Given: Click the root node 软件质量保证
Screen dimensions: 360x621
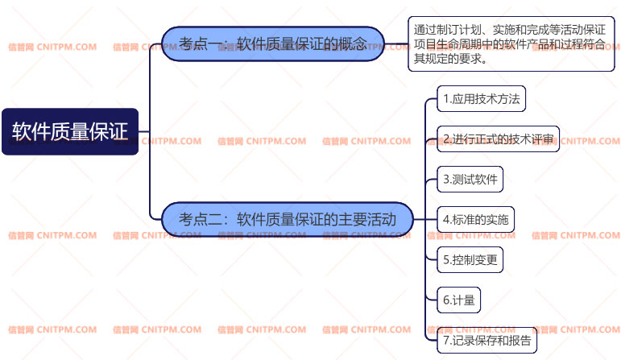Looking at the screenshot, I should (70, 131).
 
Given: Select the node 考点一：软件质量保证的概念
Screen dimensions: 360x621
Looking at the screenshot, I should (273, 43).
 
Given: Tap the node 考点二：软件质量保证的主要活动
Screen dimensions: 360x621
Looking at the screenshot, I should (288, 219).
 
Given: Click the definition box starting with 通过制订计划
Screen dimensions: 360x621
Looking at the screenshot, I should (511, 43).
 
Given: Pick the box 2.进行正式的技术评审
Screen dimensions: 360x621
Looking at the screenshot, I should (498, 139).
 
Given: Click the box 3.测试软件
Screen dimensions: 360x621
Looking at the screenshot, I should (470, 179).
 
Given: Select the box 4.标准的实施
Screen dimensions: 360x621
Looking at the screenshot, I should (475, 219).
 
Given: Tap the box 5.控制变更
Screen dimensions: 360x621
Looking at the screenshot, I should (470, 259).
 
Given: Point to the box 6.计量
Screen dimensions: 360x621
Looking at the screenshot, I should (458, 300).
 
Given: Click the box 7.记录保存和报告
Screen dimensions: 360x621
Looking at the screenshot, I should (486, 340).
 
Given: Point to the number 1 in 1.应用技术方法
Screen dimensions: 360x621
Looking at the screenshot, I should (446, 99).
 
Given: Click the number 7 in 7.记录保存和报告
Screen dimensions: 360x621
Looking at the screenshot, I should (446, 340).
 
